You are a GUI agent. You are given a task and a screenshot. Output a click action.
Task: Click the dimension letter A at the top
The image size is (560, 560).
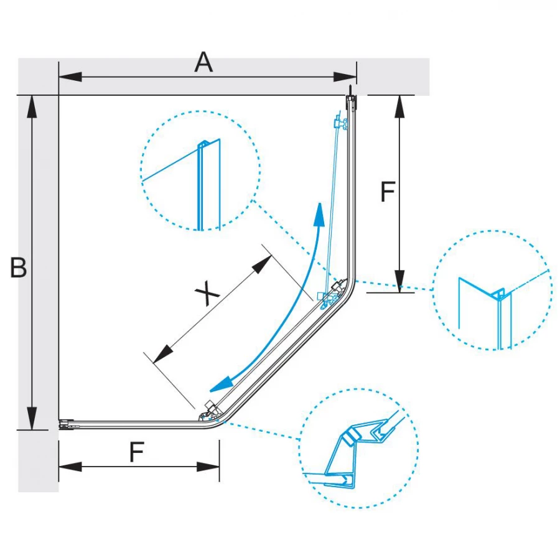tap(203, 62)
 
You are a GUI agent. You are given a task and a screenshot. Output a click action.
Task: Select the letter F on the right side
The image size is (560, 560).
tap(387, 192)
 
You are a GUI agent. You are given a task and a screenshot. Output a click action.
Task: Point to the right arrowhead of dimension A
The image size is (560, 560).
tap(345, 77)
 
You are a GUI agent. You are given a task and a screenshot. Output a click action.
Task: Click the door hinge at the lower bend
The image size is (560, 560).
tap(208, 411)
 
